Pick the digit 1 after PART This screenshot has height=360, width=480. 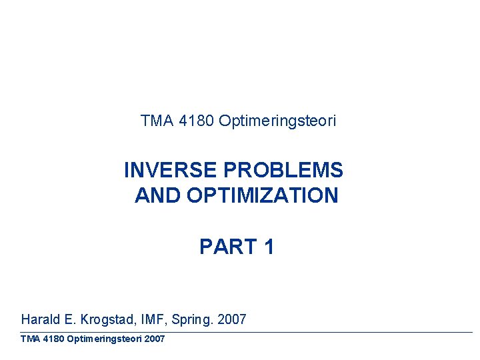point(269,247)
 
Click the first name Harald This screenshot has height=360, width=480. point(43,319)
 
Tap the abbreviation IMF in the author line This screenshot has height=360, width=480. point(156,319)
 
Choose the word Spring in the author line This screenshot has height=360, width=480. point(191,320)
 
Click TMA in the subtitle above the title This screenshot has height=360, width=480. point(157,121)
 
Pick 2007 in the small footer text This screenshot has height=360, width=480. point(154,339)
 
